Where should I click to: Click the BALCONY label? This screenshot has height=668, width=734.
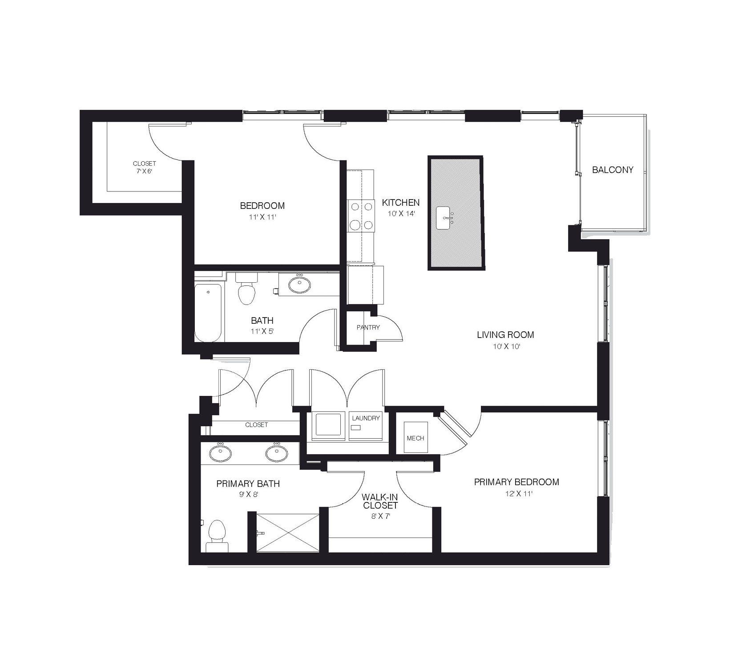coord(612,170)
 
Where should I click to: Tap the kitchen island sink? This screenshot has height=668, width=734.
coord(446,218)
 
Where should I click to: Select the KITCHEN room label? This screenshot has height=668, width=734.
coord(400,203)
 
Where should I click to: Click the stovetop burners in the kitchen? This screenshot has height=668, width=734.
coord(361,216)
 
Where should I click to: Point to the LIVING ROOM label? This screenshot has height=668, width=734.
coord(505,334)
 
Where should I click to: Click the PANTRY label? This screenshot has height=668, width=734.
coord(368,327)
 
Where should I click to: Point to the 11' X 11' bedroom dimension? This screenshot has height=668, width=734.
coord(262,217)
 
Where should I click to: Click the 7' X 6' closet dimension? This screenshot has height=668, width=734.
coord(145,171)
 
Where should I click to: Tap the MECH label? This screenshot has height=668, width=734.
coord(415,438)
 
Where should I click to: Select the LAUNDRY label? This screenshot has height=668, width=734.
coord(366,418)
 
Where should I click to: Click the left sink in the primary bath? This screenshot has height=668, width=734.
coord(220,454)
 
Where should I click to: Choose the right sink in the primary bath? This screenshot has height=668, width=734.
coord(276,454)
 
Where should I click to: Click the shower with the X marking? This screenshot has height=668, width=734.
coord(288,533)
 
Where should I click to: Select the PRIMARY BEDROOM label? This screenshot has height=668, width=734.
coord(516,482)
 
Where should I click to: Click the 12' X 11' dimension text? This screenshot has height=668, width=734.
coord(516,493)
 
